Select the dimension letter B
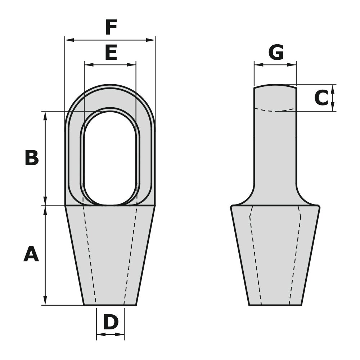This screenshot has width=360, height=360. [32, 158]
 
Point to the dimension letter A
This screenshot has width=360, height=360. [31, 255]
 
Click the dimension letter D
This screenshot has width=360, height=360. [111, 322]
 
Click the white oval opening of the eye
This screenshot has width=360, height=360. [110, 158]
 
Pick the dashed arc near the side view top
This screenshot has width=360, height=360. [276, 110]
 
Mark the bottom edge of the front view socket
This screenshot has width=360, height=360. [110, 305]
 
